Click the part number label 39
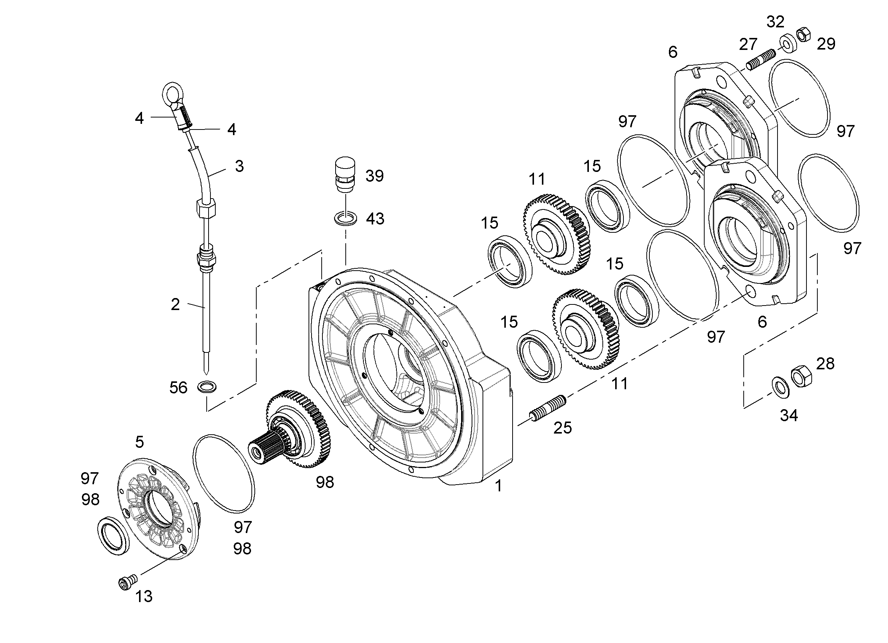click(x=374, y=176)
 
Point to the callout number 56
click(x=179, y=388)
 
